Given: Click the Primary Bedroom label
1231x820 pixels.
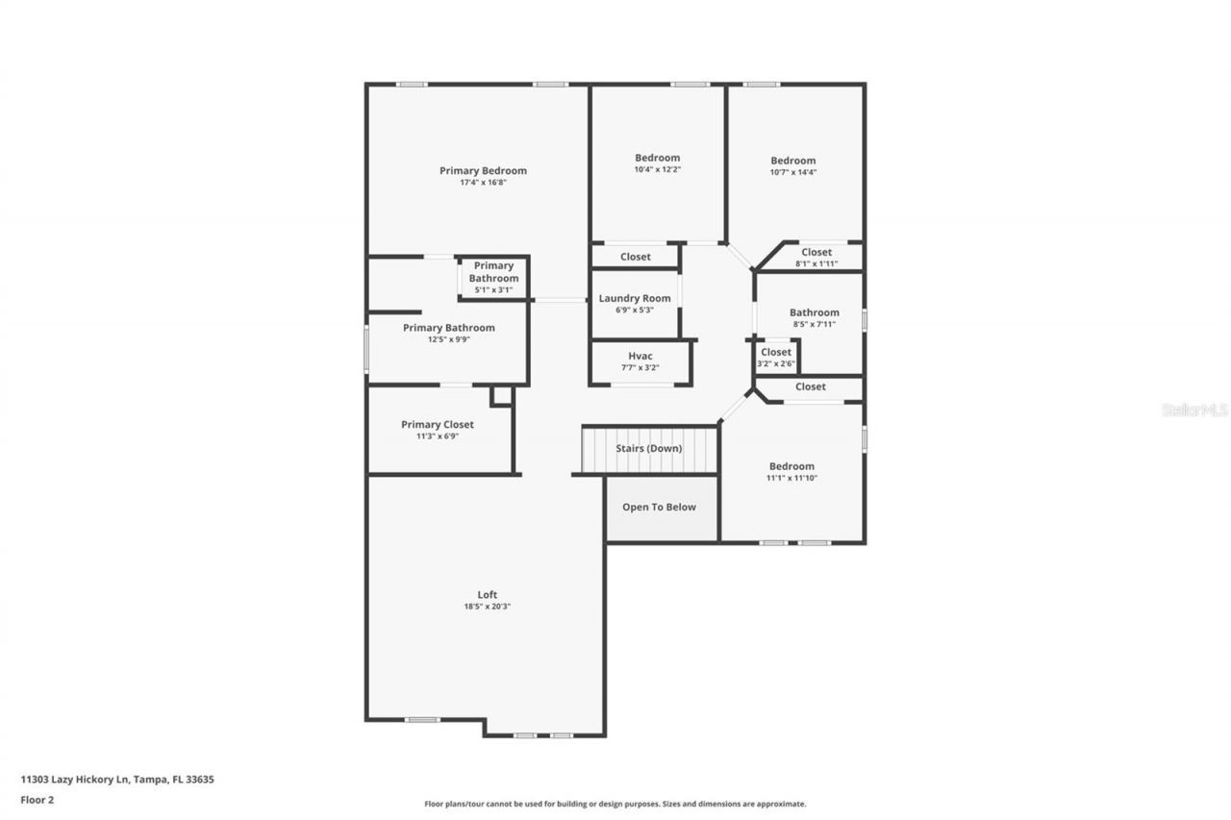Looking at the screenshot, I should [483, 171].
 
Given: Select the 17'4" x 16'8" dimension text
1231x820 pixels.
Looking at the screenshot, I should [483, 183].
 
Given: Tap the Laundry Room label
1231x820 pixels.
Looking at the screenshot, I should [635, 299].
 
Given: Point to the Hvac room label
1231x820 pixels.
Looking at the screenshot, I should [641, 356].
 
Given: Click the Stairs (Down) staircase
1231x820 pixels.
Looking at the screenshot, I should [649, 449].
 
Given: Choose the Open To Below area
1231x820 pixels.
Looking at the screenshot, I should [659, 508].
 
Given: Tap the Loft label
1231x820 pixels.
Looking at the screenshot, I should [488, 594].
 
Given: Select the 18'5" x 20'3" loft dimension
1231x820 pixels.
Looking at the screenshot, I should [488, 607].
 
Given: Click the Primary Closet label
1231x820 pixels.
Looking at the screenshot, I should [438, 425].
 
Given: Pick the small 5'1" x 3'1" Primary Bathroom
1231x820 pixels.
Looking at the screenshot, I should [493, 278].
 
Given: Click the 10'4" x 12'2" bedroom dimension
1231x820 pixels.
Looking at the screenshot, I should [657, 170].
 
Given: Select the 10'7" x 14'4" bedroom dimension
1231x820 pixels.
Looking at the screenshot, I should [792, 173].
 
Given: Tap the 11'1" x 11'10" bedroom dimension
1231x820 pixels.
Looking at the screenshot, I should [791, 479].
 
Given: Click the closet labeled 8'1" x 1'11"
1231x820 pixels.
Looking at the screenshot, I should [816, 258].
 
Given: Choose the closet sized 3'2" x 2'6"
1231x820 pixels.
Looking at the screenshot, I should [776, 358].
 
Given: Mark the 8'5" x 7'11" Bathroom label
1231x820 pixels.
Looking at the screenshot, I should [814, 312].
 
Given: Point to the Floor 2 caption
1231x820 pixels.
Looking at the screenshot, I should [38, 799].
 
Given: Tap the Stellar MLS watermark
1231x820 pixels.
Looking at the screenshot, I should [1194, 410].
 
